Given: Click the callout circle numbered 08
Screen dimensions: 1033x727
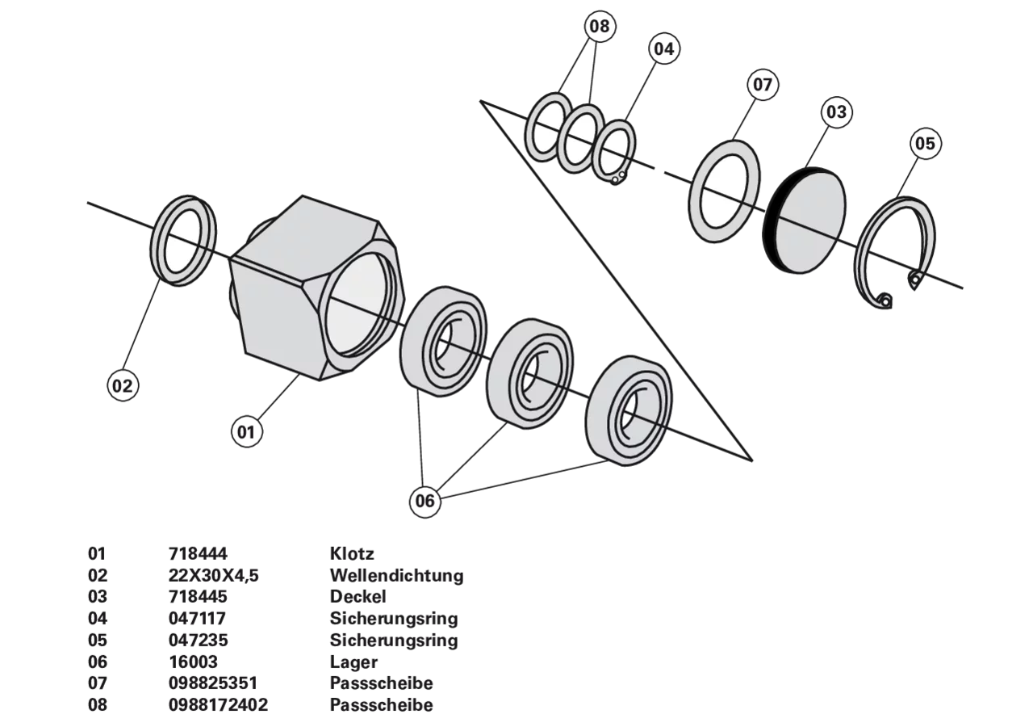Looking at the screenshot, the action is [599, 26].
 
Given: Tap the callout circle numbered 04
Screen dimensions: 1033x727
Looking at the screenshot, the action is [663, 48].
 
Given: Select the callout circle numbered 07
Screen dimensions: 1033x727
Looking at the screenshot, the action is [763, 85].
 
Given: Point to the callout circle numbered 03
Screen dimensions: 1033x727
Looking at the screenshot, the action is [837, 112].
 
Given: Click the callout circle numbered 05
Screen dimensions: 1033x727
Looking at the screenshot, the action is [925, 143].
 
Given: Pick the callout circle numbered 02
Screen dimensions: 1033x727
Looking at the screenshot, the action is [123, 385].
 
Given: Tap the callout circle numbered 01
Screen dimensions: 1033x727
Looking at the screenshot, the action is [246, 432].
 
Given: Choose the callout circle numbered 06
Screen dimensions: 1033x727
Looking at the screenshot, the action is [424, 502].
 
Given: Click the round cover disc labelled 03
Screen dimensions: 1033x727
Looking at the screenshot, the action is [805, 220].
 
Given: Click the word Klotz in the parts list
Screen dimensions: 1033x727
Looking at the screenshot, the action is [352, 553].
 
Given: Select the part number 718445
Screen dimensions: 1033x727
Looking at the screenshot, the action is [198, 596].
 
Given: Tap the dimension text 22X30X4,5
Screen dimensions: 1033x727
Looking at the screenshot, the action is [214, 575].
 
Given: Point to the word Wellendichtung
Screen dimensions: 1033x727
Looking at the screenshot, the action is [396, 575].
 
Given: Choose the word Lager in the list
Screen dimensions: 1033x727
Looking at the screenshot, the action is [353, 662].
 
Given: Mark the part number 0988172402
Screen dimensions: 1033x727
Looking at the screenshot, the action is [218, 705].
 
